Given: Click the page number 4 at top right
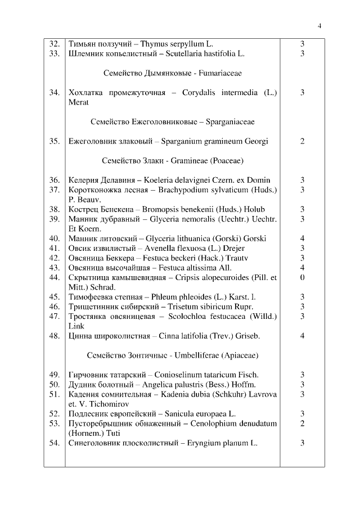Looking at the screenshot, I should tap(319, 26).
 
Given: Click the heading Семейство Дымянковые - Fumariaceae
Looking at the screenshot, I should tap(172, 73).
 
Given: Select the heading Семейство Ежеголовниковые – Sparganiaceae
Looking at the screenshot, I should tap(172, 121).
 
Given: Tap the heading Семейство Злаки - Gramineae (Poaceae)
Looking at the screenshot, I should tap(172, 160).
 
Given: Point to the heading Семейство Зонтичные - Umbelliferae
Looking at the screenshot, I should tap(172, 355).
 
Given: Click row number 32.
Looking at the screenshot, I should tap(55, 43).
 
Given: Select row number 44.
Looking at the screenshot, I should tap(55, 277).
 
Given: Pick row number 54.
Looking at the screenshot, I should tap(55, 443).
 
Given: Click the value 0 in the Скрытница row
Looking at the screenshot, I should tap(302, 277).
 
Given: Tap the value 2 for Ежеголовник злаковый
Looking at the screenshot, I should tap(302, 141).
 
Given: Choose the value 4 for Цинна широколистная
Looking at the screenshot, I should tap(302, 336).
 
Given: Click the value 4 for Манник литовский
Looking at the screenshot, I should tap(302, 238).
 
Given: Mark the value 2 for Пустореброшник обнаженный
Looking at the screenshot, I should tap(302, 424).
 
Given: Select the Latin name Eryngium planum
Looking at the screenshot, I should tap(215, 443).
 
